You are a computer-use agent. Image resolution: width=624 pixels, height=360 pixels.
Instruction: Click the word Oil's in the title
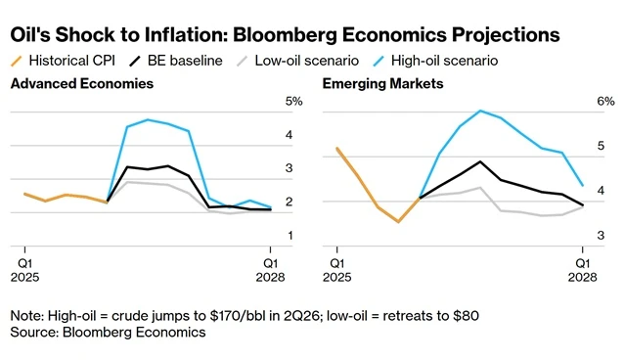coord(30,34)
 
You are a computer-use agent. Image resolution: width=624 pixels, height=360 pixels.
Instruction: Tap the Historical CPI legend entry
coord(63,61)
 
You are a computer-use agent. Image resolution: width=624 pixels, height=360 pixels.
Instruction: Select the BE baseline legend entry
coord(176,61)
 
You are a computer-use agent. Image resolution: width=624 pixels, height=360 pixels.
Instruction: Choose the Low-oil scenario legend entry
coord(297,61)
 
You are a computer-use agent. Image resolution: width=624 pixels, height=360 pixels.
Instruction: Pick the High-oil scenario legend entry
coord(435,61)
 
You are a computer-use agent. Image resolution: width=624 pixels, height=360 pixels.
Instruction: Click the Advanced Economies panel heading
coord(82,83)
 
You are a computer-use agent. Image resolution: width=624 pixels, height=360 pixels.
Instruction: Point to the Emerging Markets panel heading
coord(382,83)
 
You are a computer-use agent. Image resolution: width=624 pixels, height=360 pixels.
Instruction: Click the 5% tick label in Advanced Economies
coord(293,102)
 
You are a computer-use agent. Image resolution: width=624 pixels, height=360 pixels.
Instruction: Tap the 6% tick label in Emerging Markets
coord(605,102)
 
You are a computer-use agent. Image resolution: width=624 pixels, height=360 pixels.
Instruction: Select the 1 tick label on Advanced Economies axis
coord(290,236)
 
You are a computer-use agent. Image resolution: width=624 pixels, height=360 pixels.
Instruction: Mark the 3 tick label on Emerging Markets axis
coord(601,236)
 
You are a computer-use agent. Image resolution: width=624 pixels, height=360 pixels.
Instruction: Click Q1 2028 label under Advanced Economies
coord(271,270)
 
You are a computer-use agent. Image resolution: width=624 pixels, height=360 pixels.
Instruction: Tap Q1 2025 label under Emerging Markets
coord(337,270)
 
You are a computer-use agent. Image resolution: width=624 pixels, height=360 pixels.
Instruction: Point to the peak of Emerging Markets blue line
coord(480,111)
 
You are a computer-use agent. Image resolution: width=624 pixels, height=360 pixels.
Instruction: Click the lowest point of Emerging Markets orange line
coord(398,222)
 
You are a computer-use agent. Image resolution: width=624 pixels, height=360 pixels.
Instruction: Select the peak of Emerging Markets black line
coord(480,161)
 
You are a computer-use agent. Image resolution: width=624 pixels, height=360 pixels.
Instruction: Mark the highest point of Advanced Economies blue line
coord(148,119)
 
